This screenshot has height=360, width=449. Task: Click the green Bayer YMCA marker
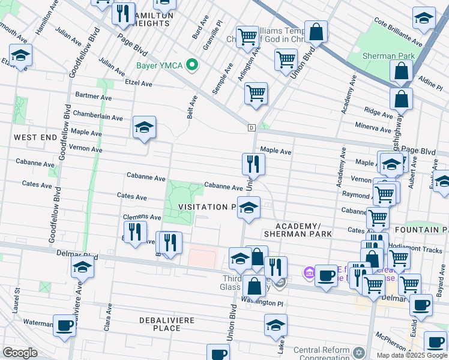pyautogui.click(x=192, y=64)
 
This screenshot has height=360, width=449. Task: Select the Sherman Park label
pyautogui.click(x=388, y=56)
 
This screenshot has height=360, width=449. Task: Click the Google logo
pyautogui.click(x=20, y=353)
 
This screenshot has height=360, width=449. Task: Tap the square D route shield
pyautogui.click(x=251, y=127)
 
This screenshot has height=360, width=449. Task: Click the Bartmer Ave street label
pyautogui.click(x=94, y=96)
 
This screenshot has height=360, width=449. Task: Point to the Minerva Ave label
pyautogui.click(x=373, y=128)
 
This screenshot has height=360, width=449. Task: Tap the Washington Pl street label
pyautogui.click(x=262, y=304)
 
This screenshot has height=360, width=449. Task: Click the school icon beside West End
pyautogui.click(x=144, y=127)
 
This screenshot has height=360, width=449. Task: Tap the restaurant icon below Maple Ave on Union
pyautogui.click(x=253, y=164)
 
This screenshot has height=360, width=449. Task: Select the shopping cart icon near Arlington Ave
pyautogui.click(x=256, y=94)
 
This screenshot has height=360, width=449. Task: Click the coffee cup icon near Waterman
pyautogui.click(x=65, y=326)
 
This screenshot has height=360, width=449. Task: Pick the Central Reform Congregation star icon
pyautogui.click(x=359, y=352)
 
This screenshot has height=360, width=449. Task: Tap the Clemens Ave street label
pyautogui.click(x=142, y=217)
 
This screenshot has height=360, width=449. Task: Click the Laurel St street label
pyautogui.click(x=17, y=299)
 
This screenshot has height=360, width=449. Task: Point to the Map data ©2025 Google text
pyautogui.click(x=411, y=355)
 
